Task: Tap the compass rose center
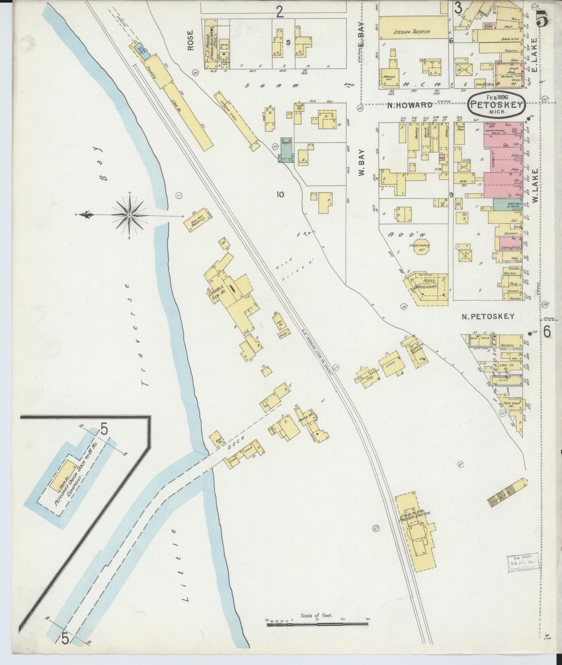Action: point(129,214)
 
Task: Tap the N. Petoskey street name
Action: point(488,317)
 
